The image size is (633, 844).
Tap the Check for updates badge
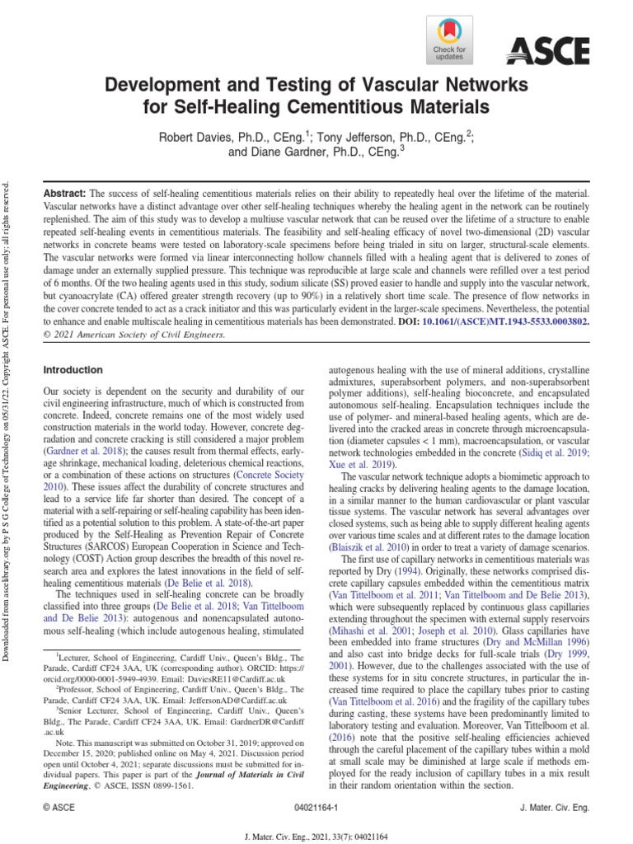tap(448, 41)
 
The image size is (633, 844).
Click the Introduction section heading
tap(73, 370)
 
